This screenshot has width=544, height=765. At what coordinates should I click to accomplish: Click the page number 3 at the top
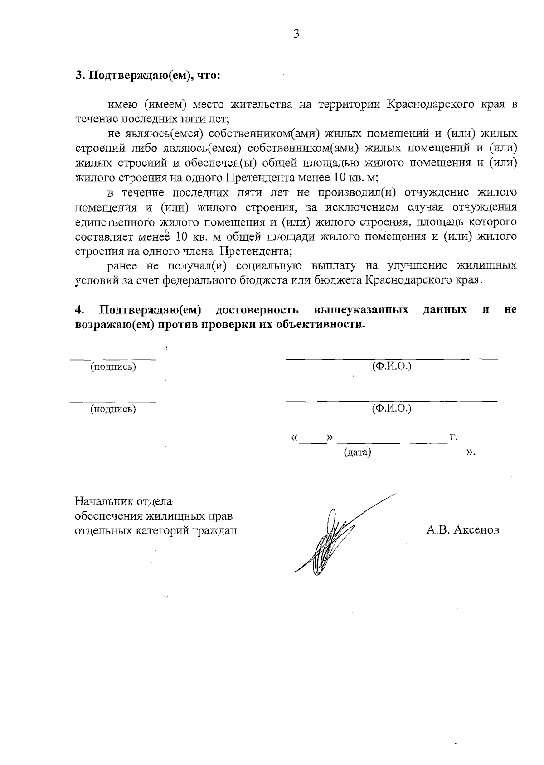(x=296, y=34)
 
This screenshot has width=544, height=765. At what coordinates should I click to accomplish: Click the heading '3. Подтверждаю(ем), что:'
(x=148, y=75)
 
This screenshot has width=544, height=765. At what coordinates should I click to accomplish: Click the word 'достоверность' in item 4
(x=257, y=310)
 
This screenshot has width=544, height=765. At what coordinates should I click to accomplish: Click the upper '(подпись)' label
(x=113, y=367)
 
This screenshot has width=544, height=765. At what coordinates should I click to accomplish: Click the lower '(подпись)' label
(x=113, y=409)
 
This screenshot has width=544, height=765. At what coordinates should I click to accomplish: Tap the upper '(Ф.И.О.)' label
(x=391, y=366)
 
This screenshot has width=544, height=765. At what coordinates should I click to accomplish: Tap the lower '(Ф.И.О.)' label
(x=391, y=409)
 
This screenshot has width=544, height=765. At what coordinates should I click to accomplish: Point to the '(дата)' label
(x=358, y=452)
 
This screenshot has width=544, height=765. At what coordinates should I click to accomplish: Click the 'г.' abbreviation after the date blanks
(x=453, y=438)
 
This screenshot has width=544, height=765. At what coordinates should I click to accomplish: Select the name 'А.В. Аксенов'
(x=462, y=529)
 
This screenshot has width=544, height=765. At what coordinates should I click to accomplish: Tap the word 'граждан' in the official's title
(x=216, y=530)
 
